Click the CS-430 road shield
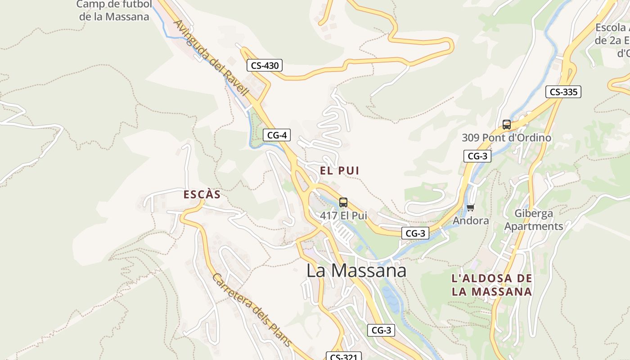tap(265, 66)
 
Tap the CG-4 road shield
tap(277, 135)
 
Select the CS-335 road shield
tap(563, 92)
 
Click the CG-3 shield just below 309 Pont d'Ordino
tap(477, 156)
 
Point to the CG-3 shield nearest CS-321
tap(381, 330)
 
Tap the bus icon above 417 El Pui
tap(343, 202)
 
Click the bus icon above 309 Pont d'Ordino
tap(507, 125)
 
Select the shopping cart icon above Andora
tap(471, 207)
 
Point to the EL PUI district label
tap(340, 171)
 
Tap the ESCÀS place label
tap(202, 195)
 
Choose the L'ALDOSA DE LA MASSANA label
tap(492, 285)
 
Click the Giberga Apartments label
tap(534, 220)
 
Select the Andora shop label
tap(471, 220)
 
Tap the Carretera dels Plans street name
tap(252, 311)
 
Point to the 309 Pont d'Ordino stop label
tap(506, 138)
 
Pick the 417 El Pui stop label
tap(343, 216)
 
